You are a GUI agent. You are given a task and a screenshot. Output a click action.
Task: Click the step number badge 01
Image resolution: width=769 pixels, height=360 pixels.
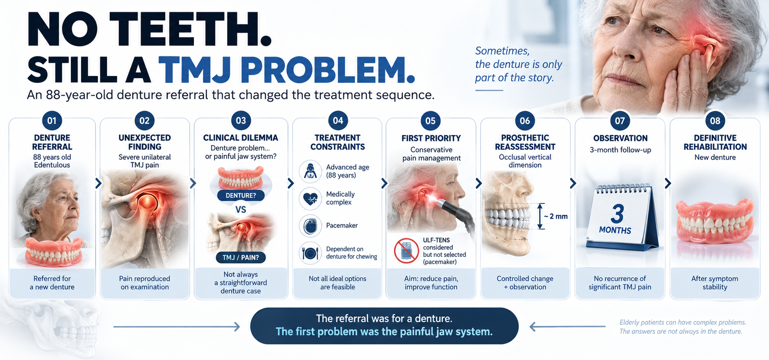[x=52, y=121]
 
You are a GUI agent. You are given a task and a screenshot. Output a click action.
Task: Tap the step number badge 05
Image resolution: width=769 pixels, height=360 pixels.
[x=430, y=121]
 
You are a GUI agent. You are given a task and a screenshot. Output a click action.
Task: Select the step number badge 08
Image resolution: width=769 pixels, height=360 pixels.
[x=715, y=121]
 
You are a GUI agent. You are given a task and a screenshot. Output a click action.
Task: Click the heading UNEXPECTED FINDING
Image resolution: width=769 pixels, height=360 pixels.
[x=145, y=142]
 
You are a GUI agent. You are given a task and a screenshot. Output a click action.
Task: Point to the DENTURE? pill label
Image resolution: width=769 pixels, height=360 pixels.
[x=241, y=196]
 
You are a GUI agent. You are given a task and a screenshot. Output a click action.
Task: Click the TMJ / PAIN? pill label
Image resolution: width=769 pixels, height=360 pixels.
[x=241, y=257]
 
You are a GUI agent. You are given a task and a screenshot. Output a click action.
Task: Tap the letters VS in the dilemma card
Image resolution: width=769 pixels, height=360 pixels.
[x=241, y=209]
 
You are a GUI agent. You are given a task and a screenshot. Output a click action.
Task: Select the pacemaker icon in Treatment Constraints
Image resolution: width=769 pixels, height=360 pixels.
[x=310, y=226]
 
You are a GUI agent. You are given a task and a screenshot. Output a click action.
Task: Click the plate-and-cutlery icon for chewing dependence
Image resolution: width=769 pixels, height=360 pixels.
[x=310, y=253]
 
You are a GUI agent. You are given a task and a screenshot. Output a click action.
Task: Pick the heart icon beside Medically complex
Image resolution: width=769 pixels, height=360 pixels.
[x=310, y=198]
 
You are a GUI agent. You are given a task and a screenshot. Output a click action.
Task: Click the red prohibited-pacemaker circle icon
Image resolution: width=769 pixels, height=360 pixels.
[x=406, y=251]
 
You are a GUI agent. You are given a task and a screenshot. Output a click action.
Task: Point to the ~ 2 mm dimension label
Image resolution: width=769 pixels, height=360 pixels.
[x=555, y=217]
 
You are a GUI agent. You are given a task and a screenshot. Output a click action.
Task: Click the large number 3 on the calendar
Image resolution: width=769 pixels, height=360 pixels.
[x=617, y=214]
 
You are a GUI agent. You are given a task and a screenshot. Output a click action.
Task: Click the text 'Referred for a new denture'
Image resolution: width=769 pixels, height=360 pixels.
[x=52, y=283]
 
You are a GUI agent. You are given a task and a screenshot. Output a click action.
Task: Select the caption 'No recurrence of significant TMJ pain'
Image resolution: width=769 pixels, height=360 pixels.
[x=620, y=283]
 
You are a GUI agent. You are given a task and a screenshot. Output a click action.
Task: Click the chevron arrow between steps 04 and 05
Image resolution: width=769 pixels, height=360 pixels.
[x=384, y=183]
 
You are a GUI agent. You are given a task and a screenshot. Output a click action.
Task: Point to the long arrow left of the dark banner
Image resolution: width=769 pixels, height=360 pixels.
[x=177, y=326]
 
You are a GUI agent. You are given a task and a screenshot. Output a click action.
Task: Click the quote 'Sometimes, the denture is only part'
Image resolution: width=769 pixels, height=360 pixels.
[x=518, y=64]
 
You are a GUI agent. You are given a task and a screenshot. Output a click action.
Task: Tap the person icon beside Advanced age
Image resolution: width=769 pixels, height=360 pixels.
[x=310, y=172]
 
